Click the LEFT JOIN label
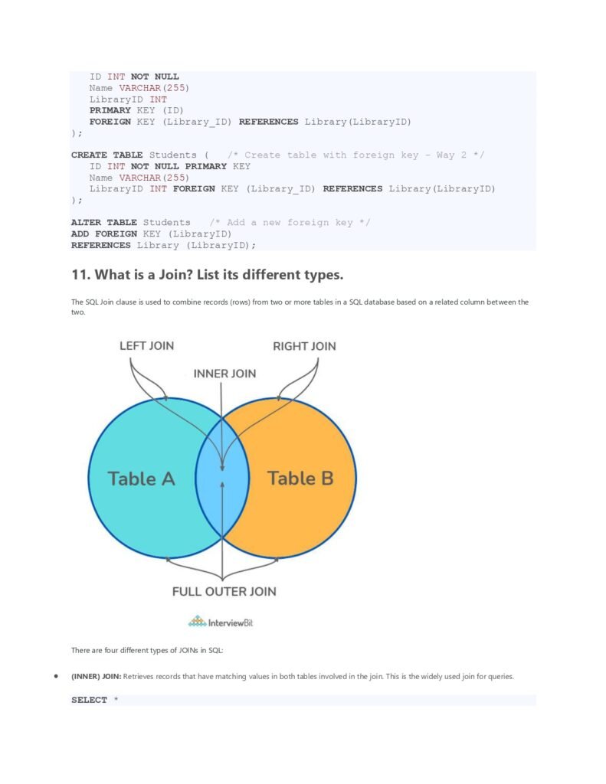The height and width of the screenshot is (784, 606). click(146, 345)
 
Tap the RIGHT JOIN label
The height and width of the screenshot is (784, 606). click(304, 346)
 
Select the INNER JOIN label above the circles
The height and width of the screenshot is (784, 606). click(224, 374)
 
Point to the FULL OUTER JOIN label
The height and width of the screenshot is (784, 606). click(224, 592)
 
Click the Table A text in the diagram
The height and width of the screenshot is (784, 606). click(142, 479)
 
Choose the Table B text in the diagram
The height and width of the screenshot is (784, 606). click(300, 478)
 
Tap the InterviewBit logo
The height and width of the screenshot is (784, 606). click(221, 622)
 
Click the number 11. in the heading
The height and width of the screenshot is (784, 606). click(81, 275)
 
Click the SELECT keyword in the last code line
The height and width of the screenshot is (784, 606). click(89, 700)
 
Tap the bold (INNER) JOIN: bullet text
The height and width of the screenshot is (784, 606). click(96, 677)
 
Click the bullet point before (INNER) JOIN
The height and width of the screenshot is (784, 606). click(56, 676)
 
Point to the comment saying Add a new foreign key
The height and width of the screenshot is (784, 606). click(290, 223)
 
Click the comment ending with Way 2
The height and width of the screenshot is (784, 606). click(355, 155)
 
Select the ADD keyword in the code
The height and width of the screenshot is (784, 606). click(80, 234)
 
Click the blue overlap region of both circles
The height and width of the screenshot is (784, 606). click(222, 478)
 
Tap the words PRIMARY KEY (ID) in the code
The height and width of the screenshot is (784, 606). click(136, 110)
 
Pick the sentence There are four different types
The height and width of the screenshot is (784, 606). click(147, 650)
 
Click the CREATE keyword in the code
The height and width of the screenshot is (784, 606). click(89, 155)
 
